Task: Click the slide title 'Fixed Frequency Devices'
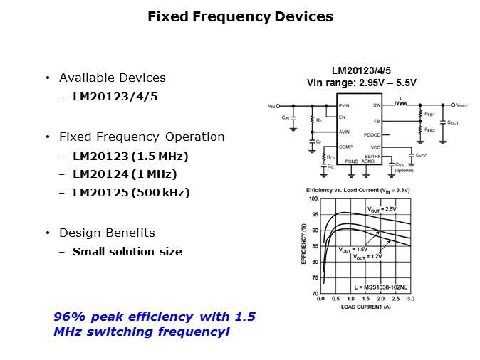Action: (x=240, y=16)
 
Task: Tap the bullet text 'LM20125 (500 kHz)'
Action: (x=131, y=193)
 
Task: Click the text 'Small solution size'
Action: (x=127, y=251)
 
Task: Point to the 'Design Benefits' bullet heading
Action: (x=107, y=233)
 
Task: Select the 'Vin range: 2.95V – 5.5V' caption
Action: (x=361, y=83)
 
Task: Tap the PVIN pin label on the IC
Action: (x=345, y=105)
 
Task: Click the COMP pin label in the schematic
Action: (x=346, y=147)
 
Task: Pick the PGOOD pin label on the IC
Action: (x=372, y=134)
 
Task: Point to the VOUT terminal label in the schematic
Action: (x=462, y=105)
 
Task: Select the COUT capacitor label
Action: (x=453, y=122)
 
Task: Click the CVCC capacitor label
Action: (x=422, y=155)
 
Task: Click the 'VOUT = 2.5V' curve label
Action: (x=381, y=209)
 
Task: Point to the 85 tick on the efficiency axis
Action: (x=314, y=246)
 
